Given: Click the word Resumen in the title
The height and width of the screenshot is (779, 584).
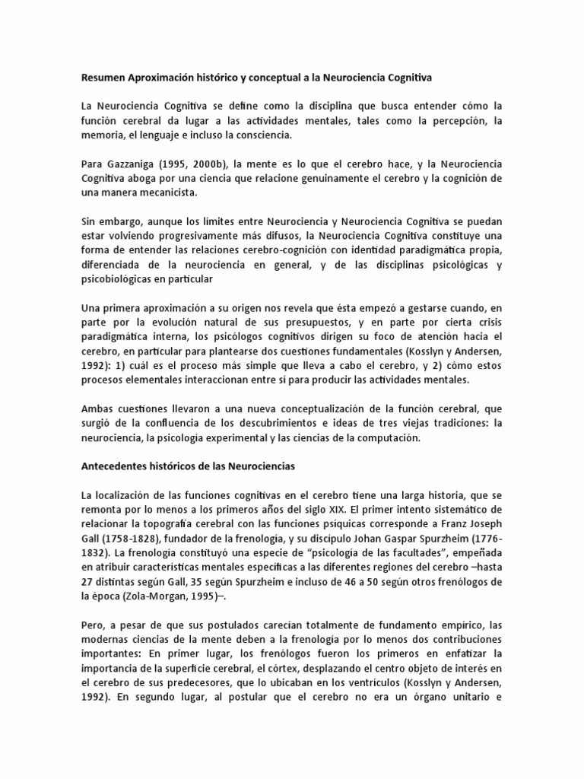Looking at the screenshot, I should pos(105,77).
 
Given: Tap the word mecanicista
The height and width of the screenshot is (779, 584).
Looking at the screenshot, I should pos(168,192).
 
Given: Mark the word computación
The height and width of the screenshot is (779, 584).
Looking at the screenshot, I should pos(395,438).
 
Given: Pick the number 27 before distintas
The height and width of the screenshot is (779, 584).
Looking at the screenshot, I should pos(88,583).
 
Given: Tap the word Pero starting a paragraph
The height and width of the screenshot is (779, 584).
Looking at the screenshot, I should pos(92,626).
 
